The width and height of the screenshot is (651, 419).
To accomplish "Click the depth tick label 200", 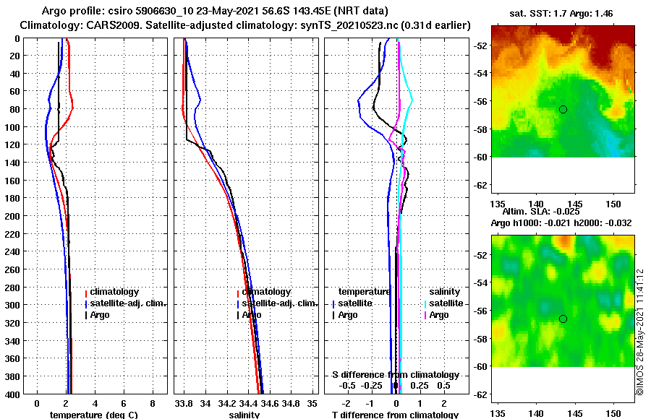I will coord(13,216).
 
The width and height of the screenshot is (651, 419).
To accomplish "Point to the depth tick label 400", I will coord(13,394).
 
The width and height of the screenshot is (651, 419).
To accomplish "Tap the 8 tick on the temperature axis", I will coord(152,402).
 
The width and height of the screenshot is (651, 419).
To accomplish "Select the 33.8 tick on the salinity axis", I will coord(184,402).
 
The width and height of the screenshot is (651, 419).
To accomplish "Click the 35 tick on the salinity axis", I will coord(312,402).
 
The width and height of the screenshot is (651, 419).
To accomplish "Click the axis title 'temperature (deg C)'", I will coord(93,415).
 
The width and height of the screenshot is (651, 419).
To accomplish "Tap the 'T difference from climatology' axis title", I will coord(395,415).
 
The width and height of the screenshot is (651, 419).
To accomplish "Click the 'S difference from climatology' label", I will coord(395,375).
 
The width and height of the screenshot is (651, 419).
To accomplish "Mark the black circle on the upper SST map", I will coord(563,109).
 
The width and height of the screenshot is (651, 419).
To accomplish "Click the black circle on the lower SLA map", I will coord(563,319).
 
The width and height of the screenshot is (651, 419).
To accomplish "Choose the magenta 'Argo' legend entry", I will coord(438,315).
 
